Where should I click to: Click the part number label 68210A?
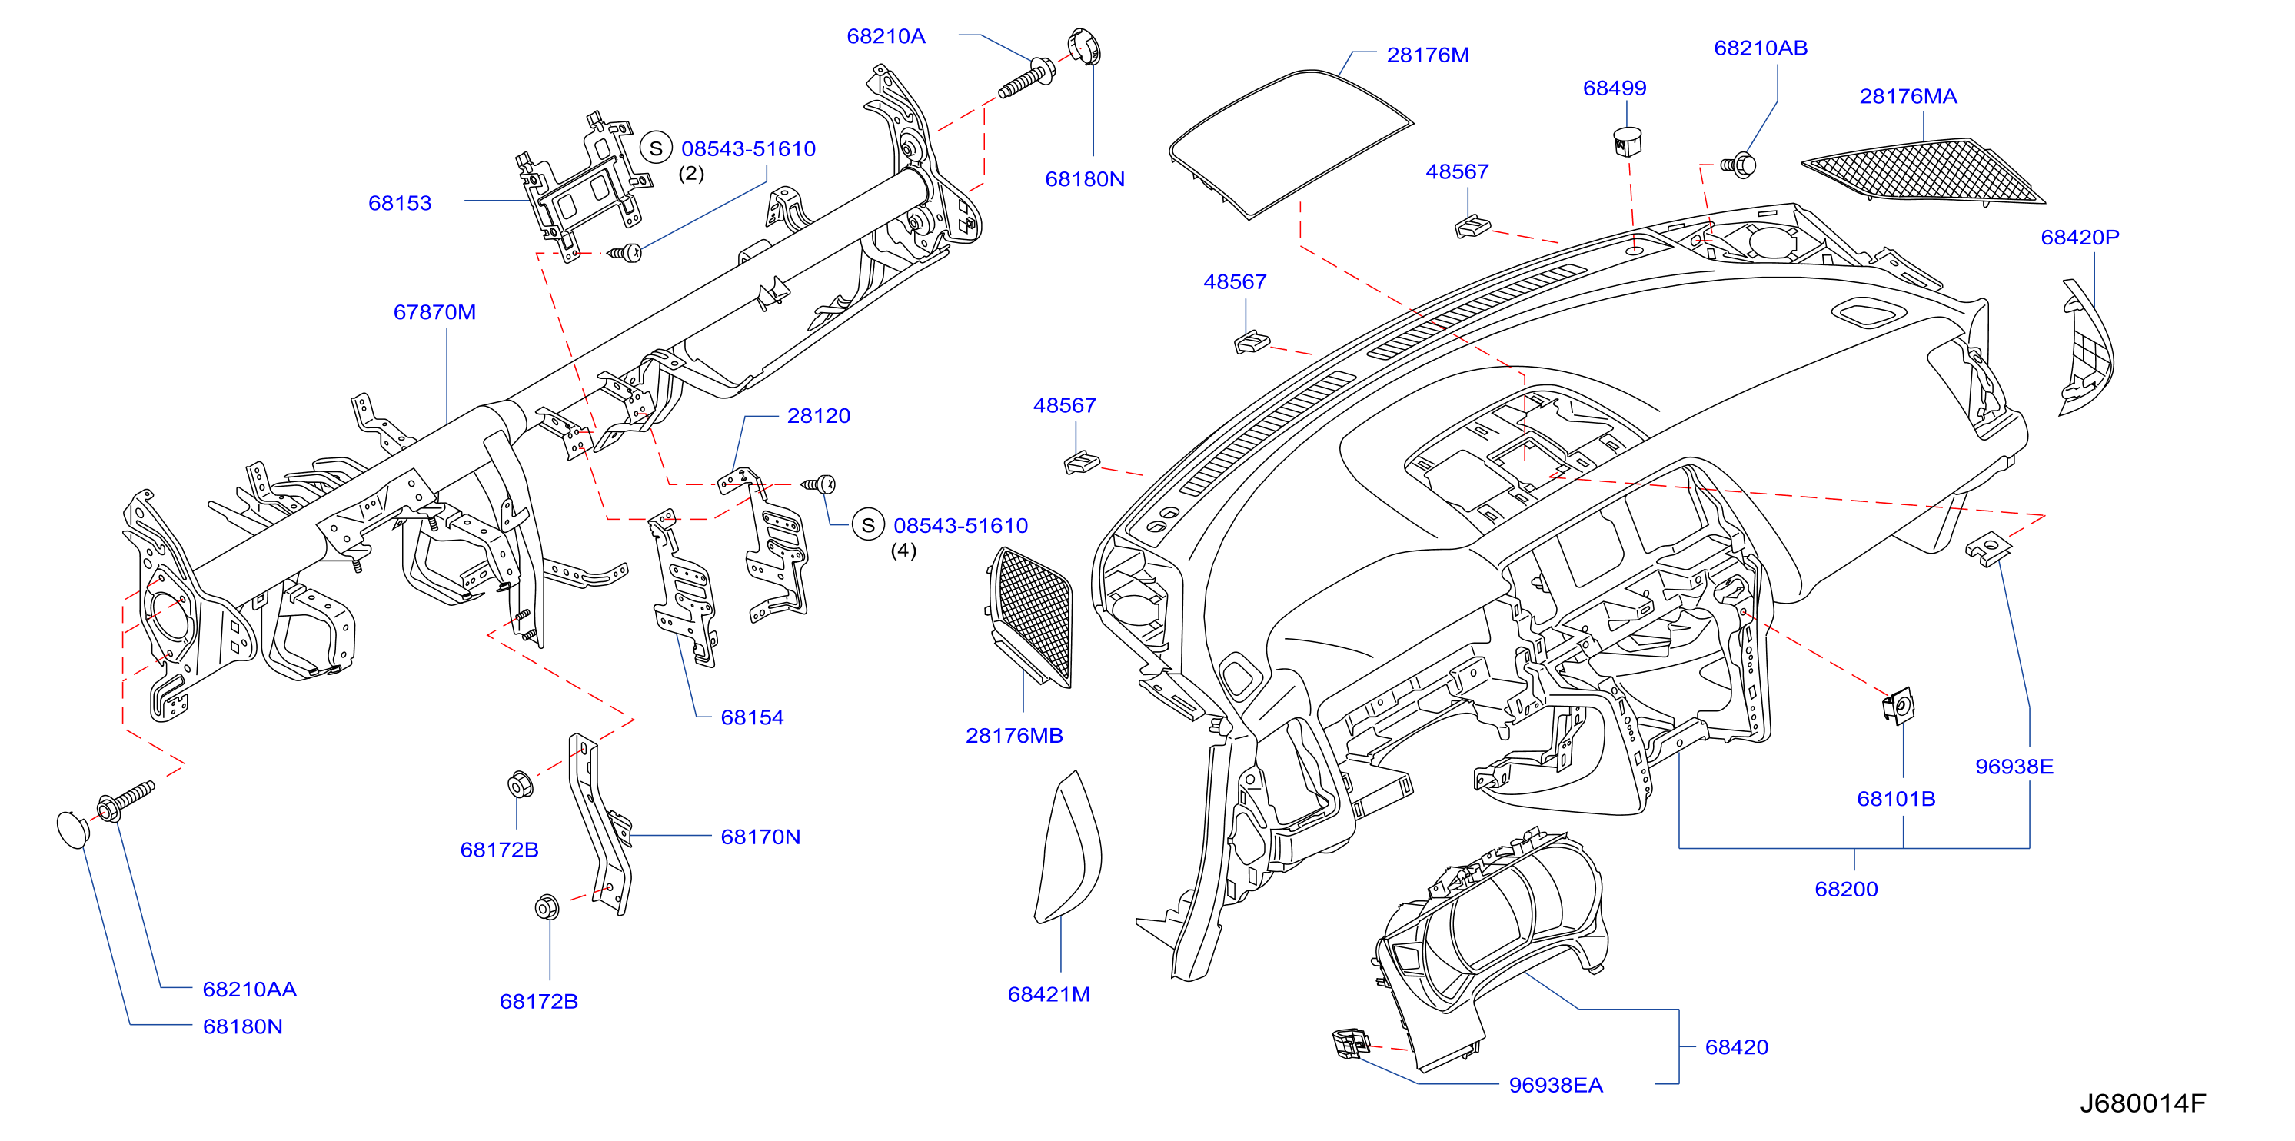pyautogui.click(x=886, y=36)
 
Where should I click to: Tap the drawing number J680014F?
pyautogui.click(x=2143, y=1103)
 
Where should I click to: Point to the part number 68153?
pyautogui.click(x=400, y=203)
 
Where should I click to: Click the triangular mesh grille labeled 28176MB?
pyautogui.click(x=1031, y=617)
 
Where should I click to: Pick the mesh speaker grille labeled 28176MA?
pyautogui.click(x=1923, y=170)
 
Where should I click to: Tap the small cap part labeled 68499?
pyautogui.click(x=1628, y=141)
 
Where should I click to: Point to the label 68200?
pyautogui.click(x=1846, y=889)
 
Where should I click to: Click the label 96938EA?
pyautogui.click(x=1555, y=1085)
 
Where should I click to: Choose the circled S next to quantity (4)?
pyautogui.click(x=868, y=524)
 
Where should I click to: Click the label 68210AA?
pyautogui.click(x=249, y=990)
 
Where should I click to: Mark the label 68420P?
pyautogui.click(x=2080, y=238)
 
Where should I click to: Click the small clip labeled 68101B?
pyautogui.click(x=1898, y=706)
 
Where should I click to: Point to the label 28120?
pyautogui.click(x=819, y=416)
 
